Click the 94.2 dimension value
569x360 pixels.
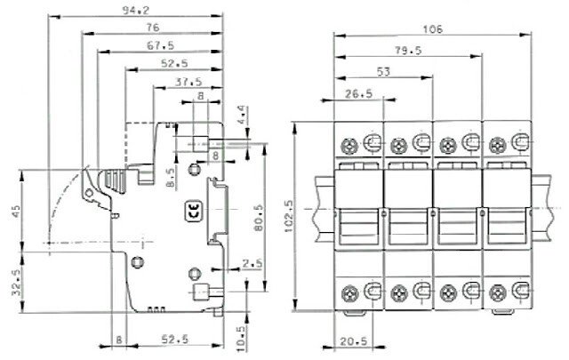pyautogui.click(x=135, y=11)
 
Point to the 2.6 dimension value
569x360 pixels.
pyautogui.click(x=252, y=261)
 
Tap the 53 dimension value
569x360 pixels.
pyautogui.click(x=384, y=71)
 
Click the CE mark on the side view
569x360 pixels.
pyautogui.click(x=192, y=211)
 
